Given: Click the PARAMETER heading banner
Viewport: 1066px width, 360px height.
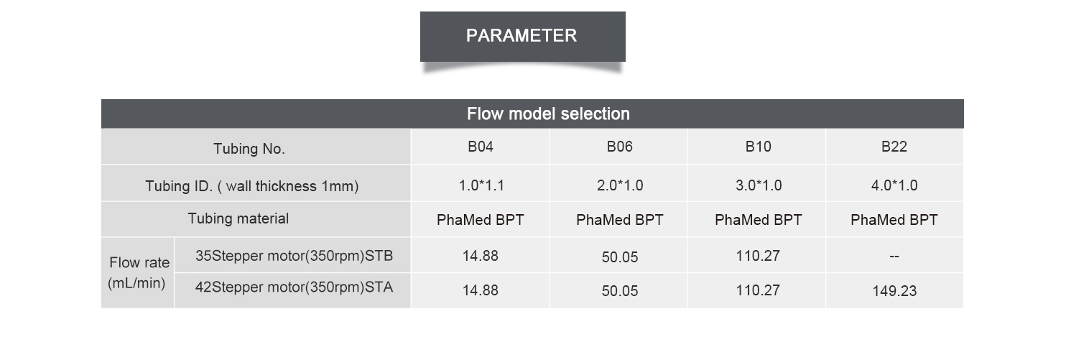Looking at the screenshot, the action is point(522,37).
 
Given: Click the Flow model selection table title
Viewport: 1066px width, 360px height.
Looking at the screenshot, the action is point(548,114).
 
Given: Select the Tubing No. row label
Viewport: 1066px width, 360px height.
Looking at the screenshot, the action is point(249,149).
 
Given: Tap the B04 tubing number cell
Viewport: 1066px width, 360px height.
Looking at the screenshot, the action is point(480,147).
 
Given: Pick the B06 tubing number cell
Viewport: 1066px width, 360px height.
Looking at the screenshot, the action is point(619,147).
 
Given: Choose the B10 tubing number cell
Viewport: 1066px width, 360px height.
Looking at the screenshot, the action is point(758,147).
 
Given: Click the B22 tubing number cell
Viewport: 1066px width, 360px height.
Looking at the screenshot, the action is point(894,147).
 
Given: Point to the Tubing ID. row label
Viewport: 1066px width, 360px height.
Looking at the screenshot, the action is point(251,185).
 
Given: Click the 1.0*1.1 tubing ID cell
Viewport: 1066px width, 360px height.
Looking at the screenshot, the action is point(481,185).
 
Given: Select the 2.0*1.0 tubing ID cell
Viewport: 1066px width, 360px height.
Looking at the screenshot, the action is point(620,185).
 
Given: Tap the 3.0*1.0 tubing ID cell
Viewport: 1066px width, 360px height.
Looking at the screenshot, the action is point(759,185).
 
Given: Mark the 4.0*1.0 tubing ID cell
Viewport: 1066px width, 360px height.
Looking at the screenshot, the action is point(894,185).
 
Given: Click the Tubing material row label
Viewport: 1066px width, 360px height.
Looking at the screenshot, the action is point(238,218).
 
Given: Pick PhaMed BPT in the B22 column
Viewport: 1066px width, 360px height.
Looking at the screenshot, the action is point(894,220).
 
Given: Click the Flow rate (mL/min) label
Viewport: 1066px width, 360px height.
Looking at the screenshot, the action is point(139,273).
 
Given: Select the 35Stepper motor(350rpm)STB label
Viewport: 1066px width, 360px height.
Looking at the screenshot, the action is point(294,257).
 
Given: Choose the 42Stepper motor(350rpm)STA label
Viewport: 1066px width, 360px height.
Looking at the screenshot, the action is point(294,287).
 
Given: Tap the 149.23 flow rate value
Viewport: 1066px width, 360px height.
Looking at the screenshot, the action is point(894,291).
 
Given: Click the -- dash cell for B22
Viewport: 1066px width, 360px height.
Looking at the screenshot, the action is point(894,257).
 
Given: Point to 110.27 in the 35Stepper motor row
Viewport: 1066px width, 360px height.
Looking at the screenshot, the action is point(758,257).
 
